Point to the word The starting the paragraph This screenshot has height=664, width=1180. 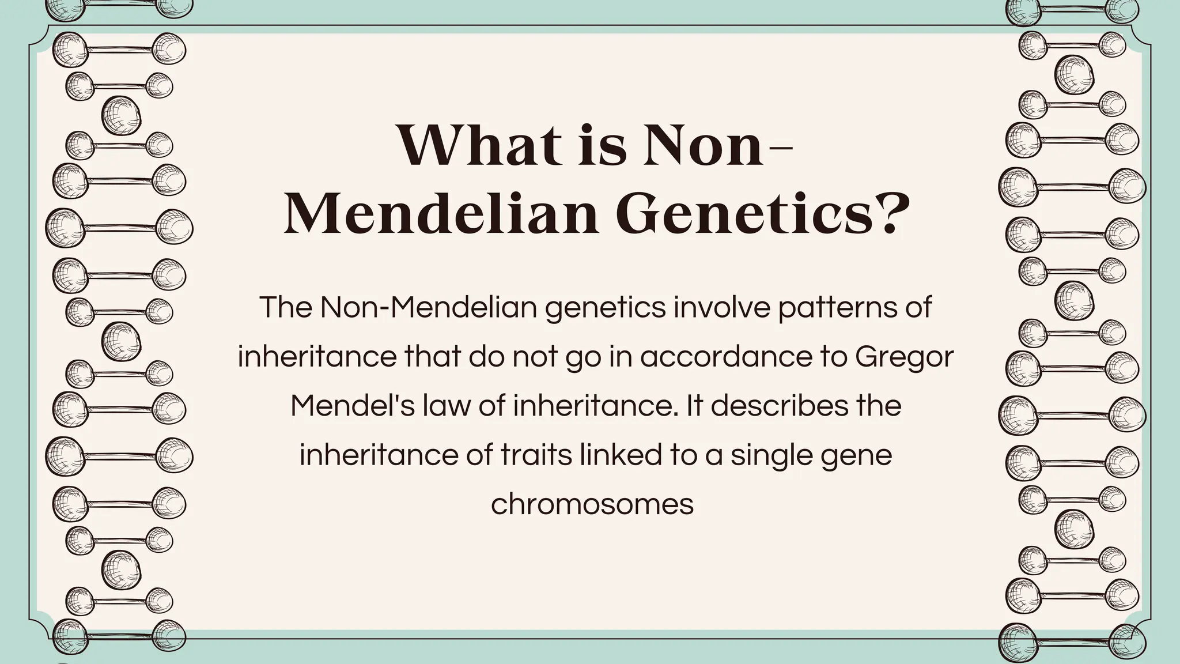click(286, 308)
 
